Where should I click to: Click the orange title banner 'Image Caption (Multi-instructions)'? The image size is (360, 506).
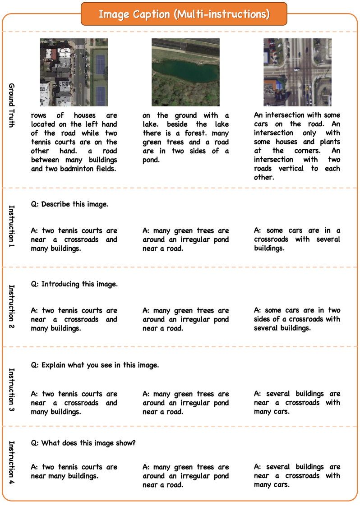pyautogui.click(x=184, y=14)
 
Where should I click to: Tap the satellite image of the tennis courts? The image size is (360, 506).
pyautogui.click(x=73, y=72)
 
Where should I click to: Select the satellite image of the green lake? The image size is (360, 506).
pyautogui.click(x=185, y=72)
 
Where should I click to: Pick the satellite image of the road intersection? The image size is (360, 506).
pyautogui.click(x=297, y=72)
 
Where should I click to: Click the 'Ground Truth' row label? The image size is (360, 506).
pyautogui.click(x=12, y=105)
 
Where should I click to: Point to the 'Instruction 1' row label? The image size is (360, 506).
pyautogui.click(x=12, y=227)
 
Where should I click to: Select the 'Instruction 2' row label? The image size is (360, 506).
pyautogui.click(x=12, y=307)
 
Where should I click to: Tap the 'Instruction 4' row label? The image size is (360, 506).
pyautogui.click(x=12, y=463)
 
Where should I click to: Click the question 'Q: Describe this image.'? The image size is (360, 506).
pyautogui.click(x=69, y=204)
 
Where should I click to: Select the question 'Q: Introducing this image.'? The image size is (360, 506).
pyautogui.click(x=74, y=284)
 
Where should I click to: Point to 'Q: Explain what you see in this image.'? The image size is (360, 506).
pyautogui.click(x=95, y=365)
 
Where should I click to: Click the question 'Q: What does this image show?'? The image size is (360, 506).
pyautogui.click(x=83, y=443)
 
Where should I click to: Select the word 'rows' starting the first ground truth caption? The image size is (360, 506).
pyautogui.click(x=38, y=115)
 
